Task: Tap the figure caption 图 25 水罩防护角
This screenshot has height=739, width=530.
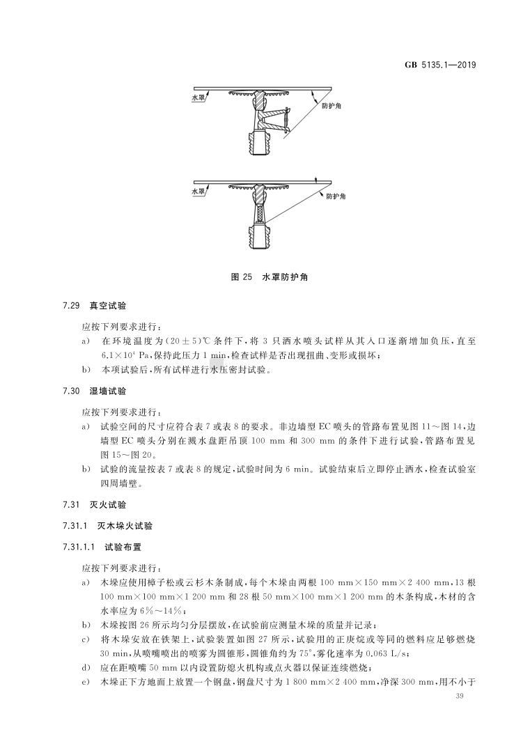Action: pos(265,277)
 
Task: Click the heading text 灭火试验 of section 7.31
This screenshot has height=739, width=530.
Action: pos(105,504)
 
